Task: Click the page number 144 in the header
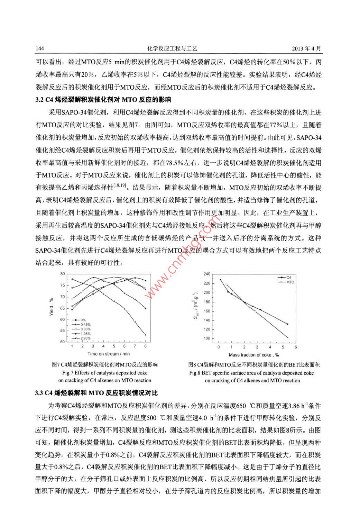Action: pyautogui.click(x=40, y=49)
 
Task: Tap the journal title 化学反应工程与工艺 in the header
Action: pyautogui.click(x=172, y=49)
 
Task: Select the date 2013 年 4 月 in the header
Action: pyautogui.click(x=306, y=49)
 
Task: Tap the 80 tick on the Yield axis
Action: pyautogui.click(x=63, y=274)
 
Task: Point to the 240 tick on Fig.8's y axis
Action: pyautogui.click(x=207, y=274)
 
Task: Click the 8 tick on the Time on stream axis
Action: pyautogui.click(x=145, y=346)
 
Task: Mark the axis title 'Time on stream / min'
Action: pyautogui.click(x=109, y=354)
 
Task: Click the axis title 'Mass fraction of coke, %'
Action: pyautogui.click(x=254, y=355)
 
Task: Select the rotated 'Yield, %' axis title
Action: pyautogui.click(x=52, y=307)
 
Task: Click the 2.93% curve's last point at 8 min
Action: pyautogui.click(x=145, y=335)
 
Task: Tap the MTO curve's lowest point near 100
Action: pyautogui.click(x=288, y=338)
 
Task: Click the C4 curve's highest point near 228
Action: pyautogui.click(x=221, y=280)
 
